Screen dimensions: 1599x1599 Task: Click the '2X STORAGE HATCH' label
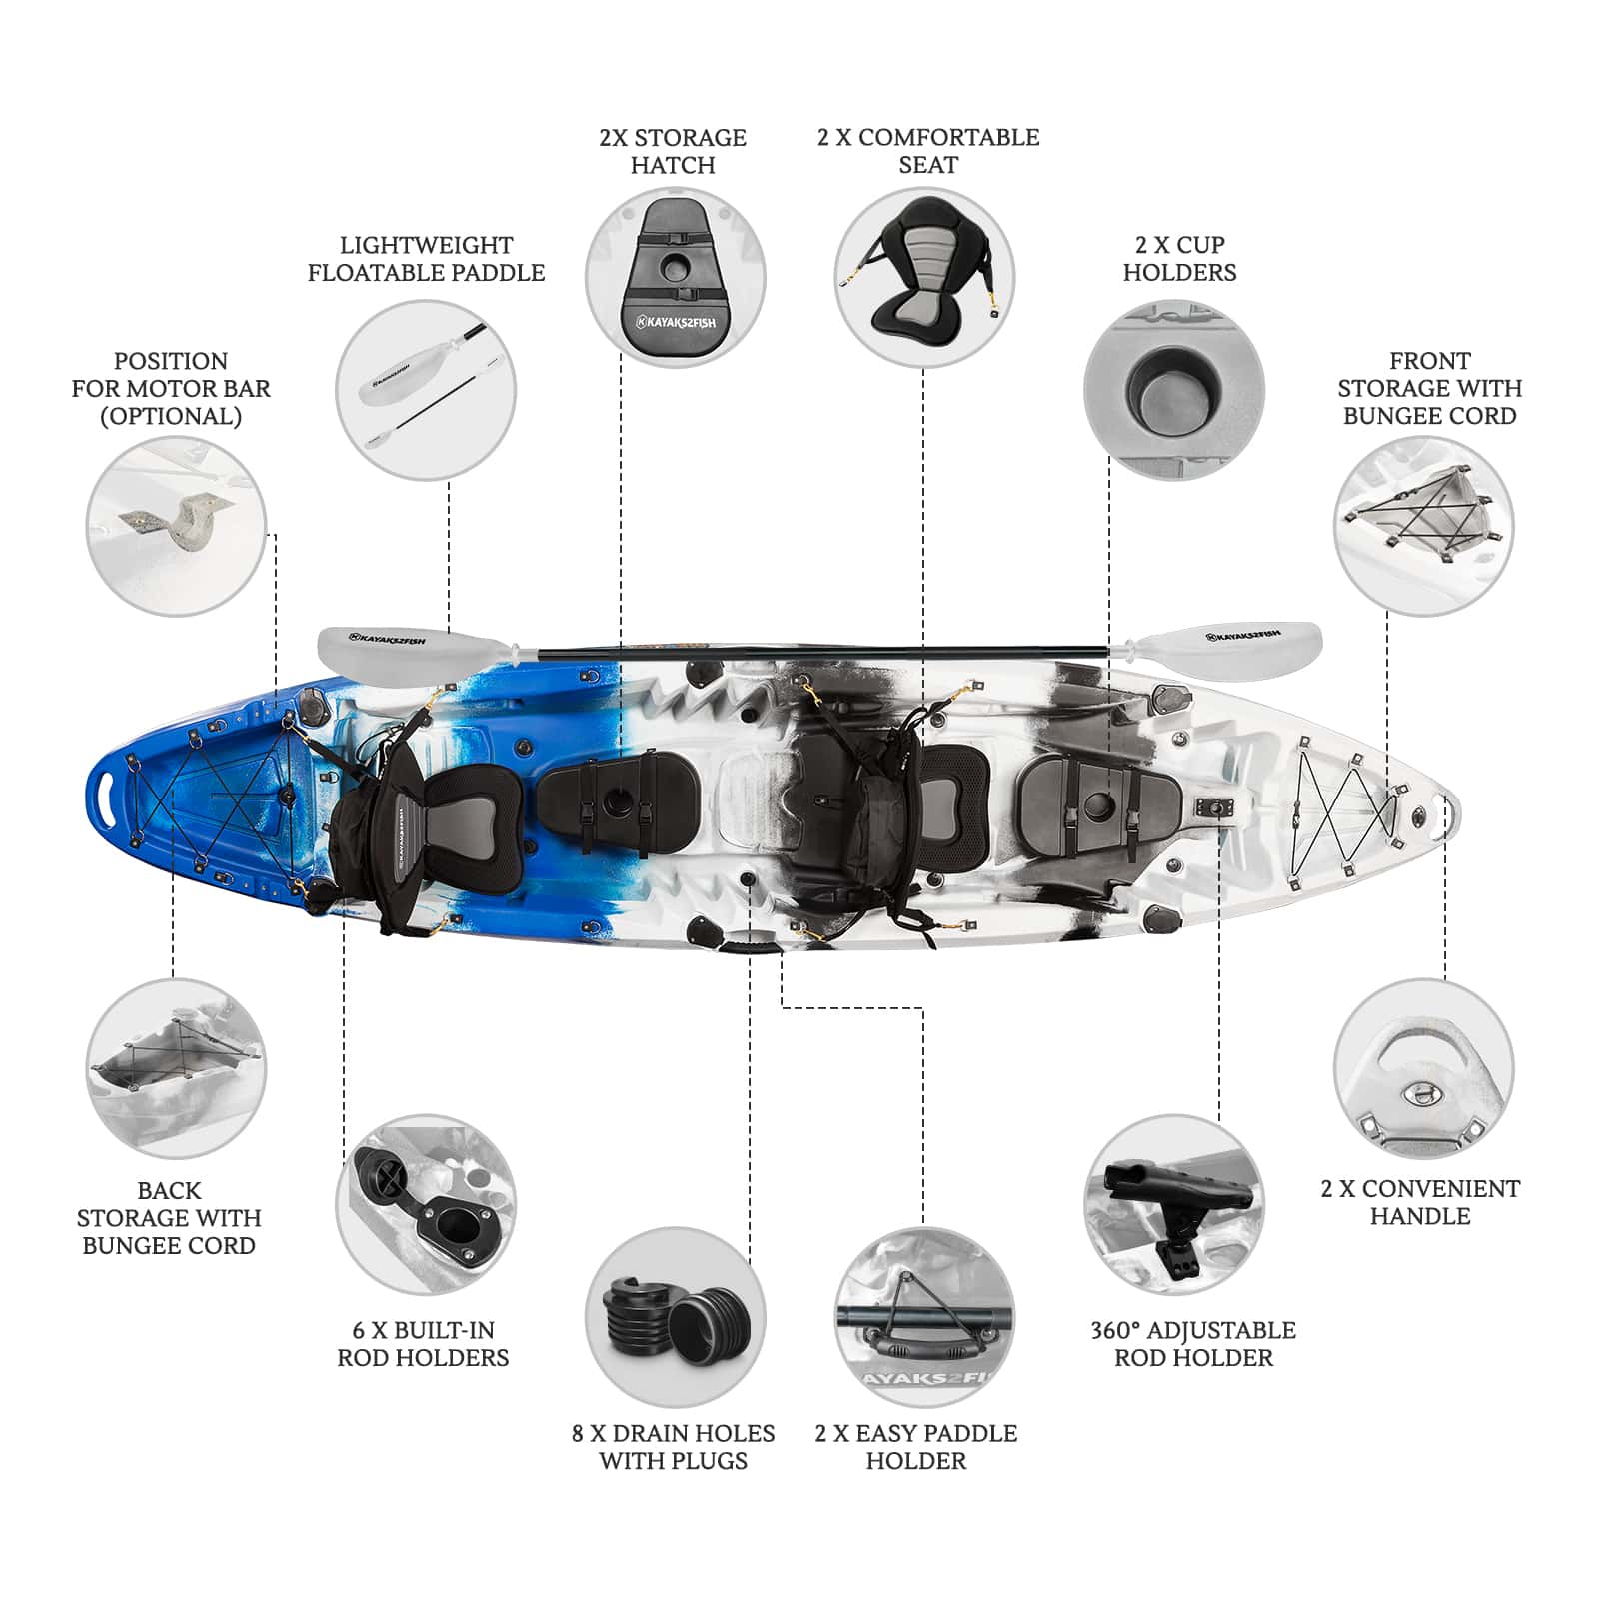(x=673, y=151)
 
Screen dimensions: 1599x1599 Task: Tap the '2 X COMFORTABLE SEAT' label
(x=928, y=151)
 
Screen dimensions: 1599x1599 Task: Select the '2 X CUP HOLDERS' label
(x=1179, y=258)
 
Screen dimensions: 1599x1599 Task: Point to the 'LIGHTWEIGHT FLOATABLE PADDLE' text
(x=426, y=258)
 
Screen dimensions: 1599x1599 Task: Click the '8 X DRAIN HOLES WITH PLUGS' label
(x=673, y=1446)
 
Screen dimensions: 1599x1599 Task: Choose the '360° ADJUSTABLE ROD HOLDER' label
(x=1193, y=1343)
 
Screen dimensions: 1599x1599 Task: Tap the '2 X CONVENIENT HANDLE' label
(x=1420, y=1202)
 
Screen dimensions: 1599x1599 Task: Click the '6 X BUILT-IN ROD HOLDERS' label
(x=423, y=1343)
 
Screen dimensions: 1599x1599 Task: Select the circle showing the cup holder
(x=1174, y=389)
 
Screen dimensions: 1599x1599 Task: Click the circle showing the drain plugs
(x=675, y=1317)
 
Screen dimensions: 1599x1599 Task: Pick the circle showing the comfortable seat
(x=924, y=277)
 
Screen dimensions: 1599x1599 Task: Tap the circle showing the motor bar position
(x=176, y=526)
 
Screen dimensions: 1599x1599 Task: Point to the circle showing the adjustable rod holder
(x=1174, y=1205)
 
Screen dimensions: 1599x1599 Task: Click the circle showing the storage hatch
(x=675, y=277)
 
